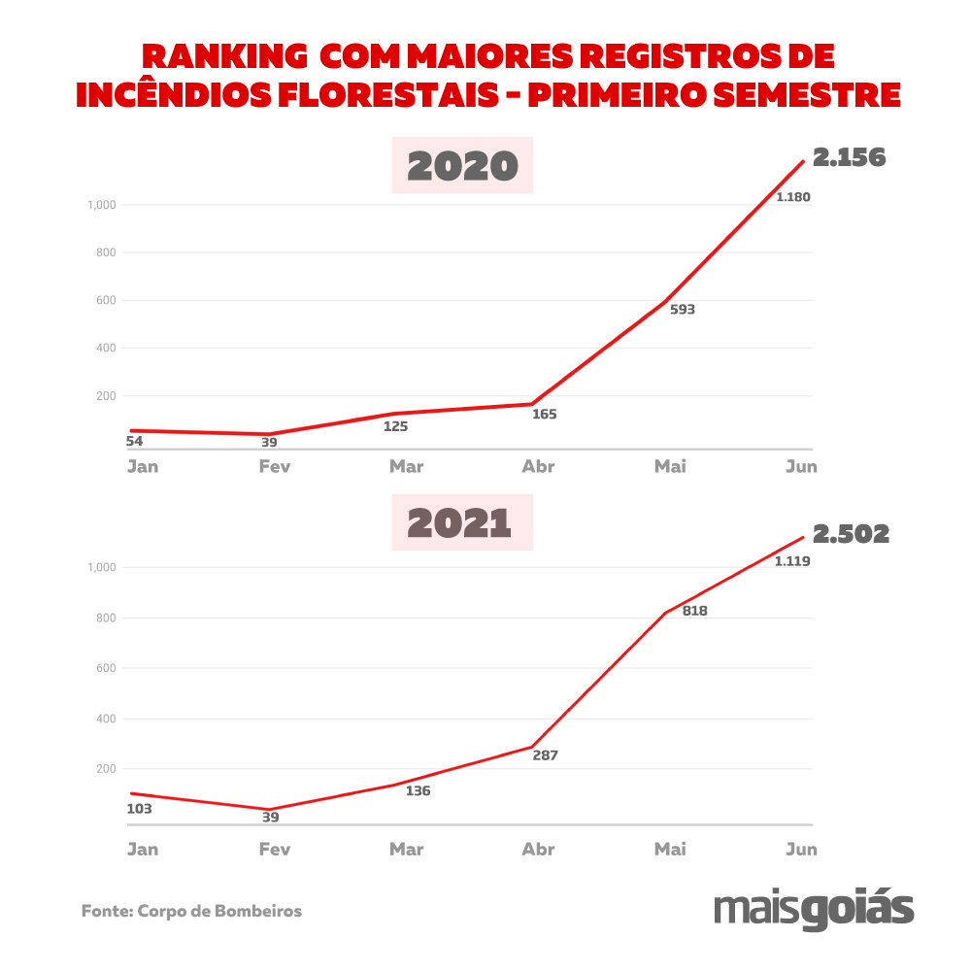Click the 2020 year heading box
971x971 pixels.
pos(462,166)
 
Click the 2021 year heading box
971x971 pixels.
pos(462,523)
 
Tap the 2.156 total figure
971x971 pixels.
pos(850,157)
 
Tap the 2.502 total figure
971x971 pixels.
pos(851,534)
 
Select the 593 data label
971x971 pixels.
pos(683,311)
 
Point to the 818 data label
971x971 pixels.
pos(694,611)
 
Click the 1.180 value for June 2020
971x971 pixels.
pos(792,197)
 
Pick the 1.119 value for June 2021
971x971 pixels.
pos(792,561)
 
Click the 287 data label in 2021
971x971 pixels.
pos(546,754)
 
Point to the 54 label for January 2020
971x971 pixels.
pos(136,442)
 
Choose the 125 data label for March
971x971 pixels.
pos(395,426)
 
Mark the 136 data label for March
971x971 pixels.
pos(418,790)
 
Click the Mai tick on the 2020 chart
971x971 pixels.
pos(670,466)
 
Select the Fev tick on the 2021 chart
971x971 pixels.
pos(274,850)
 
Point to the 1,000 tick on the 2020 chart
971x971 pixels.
pos(101,205)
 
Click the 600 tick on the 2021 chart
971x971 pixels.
pos(105,668)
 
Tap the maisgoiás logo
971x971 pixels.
pos(813,909)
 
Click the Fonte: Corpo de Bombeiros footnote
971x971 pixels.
pos(191,912)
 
